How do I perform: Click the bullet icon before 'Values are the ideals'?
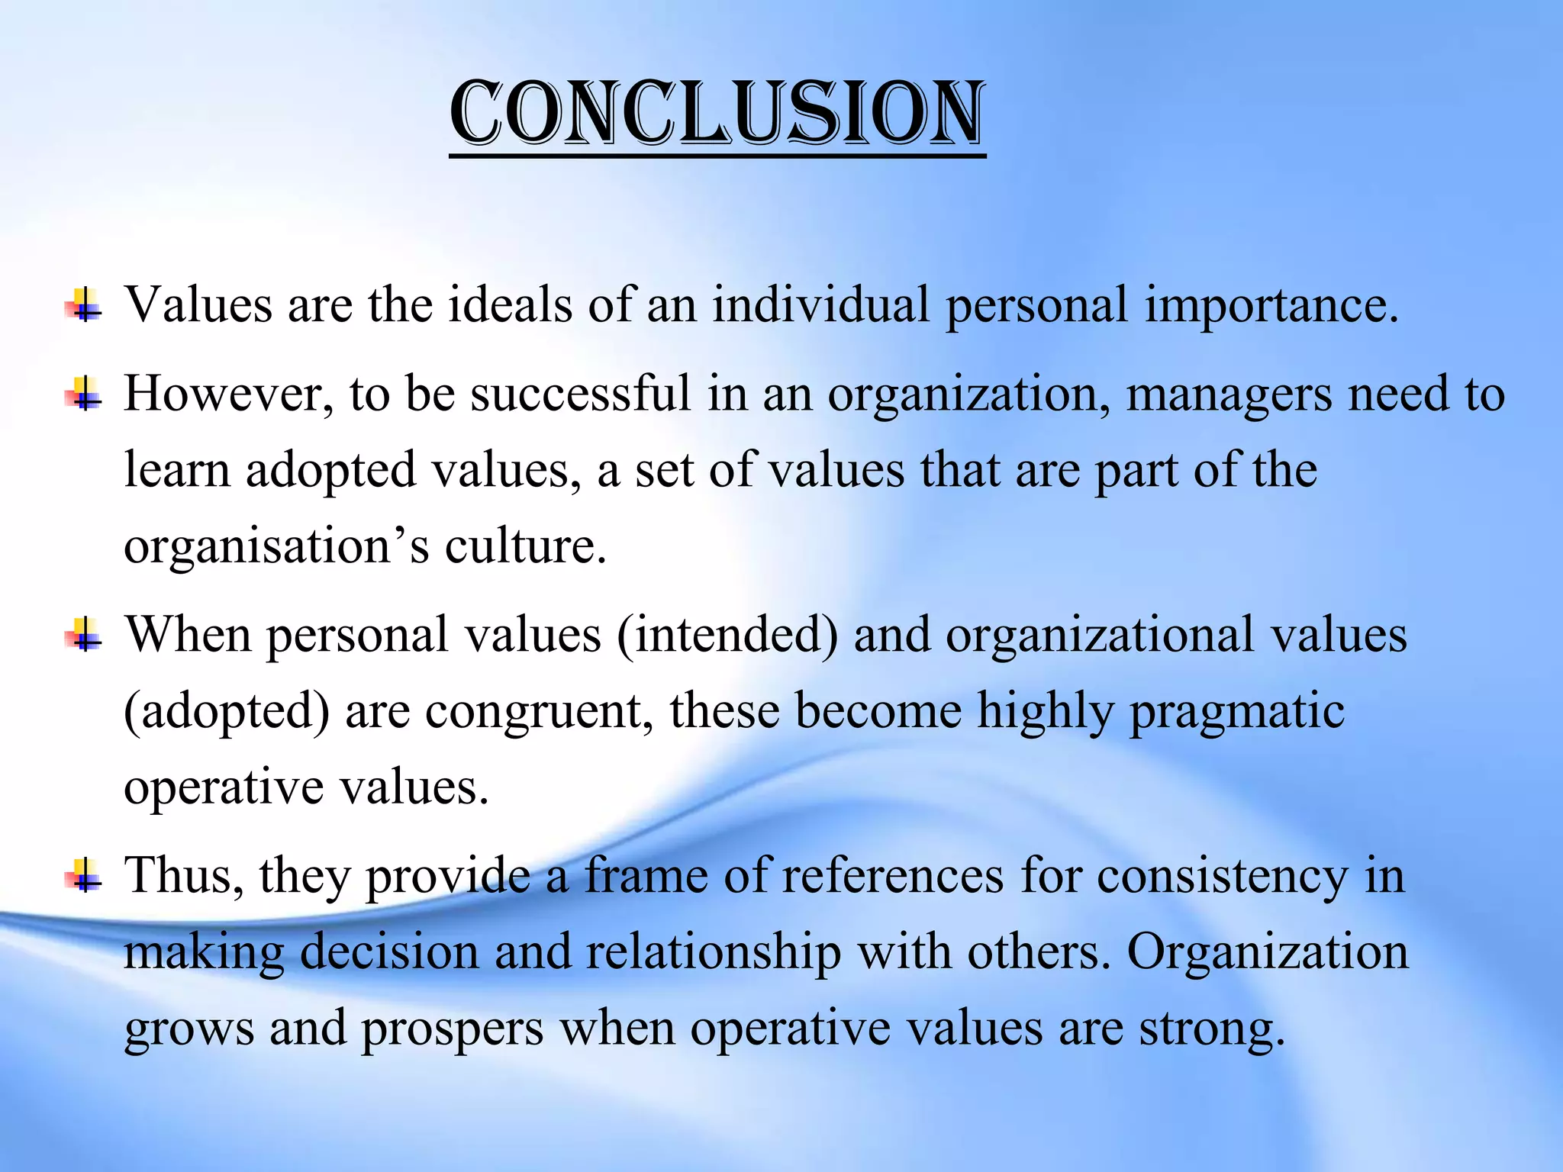pos(85,306)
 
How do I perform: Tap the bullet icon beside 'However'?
pos(85,394)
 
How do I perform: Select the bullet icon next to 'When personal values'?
pos(85,636)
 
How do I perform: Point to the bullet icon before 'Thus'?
pos(85,876)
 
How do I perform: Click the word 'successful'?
pos(580,394)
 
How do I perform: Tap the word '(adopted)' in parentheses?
pos(227,712)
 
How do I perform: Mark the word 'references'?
pos(892,876)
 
